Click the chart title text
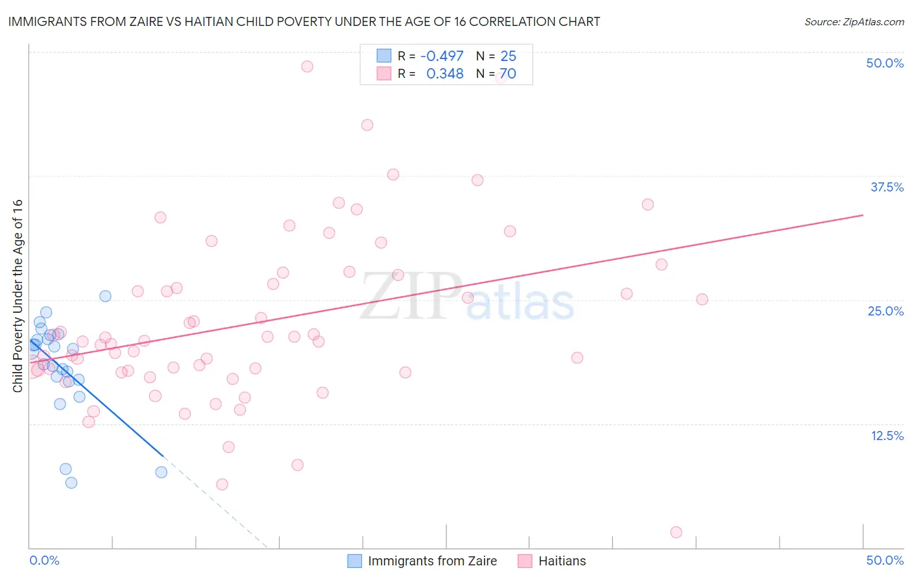point(304,21)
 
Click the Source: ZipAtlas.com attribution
point(854,21)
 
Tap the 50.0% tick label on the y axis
point(885,63)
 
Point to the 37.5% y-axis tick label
point(887,187)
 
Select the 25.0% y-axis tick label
point(885,311)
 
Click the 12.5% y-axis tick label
point(887,436)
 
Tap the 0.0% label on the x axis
point(44,560)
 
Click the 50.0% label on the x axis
point(885,560)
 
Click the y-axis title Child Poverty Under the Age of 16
point(18,295)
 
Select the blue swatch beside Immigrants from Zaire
point(354,561)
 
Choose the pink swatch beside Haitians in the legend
point(525,561)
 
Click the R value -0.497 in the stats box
point(442,56)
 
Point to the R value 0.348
point(444,74)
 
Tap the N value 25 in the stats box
point(508,56)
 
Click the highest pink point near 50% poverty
point(307,66)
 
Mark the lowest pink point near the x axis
point(676,532)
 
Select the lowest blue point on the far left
point(71,482)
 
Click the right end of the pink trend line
point(863,215)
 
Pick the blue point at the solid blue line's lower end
point(162,472)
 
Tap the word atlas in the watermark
point(520,303)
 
